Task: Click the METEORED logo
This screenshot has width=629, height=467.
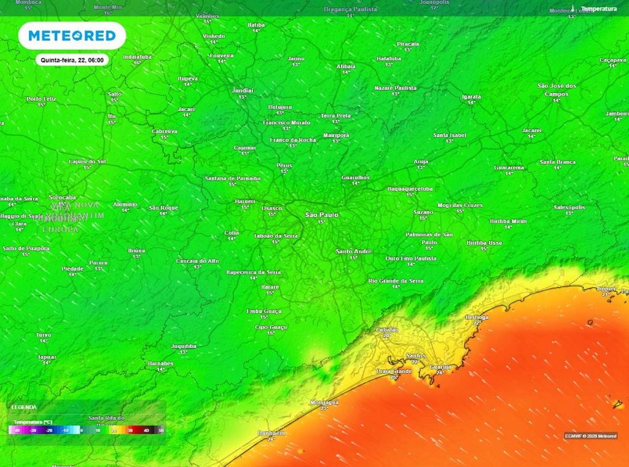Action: coord(72,36)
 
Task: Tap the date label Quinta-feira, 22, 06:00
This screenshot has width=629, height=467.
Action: coord(72,60)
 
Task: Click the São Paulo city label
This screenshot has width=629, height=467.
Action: coord(322,214)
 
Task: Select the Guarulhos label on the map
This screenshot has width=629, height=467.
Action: coord(355,177)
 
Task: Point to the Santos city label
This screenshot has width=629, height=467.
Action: coord(416,356)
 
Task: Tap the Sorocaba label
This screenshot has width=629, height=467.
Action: coord(61,197)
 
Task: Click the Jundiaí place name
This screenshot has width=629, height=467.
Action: coord(242,90)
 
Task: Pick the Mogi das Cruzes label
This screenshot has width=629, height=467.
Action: coord(459,205)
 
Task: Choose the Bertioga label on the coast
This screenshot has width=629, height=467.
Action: coord(477,317)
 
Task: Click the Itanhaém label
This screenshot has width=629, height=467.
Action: coord(271,433)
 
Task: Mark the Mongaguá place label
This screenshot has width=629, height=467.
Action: coord(325,402)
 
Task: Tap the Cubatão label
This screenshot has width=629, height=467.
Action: coord(387,330)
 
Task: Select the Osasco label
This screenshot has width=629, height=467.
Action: coord(272,208)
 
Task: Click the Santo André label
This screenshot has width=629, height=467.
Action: coord(353,251)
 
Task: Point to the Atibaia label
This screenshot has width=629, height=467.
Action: coord(346,66)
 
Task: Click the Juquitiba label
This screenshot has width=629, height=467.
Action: coord(183,346)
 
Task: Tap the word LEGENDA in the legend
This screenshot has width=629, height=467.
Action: coord(24,407)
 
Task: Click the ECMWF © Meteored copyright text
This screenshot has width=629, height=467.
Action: coord(590,436)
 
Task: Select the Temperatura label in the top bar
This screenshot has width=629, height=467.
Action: coord(598,9)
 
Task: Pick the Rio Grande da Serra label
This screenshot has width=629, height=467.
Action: coord(396,280)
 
